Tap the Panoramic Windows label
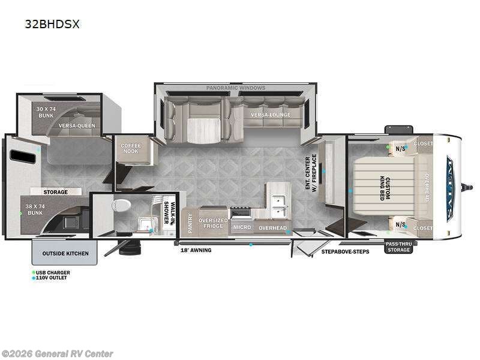pyautogui.click(x=236, y=88)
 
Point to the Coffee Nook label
pyautogui.click(x=130, y=148)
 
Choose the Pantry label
pyautogui.click(x=190, y=223)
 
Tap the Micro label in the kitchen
pyautogui.click(x=242, y=227)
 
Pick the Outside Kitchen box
pyautogui.click(x=65, y=253)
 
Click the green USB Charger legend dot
pyautogui.click(x=34, y=272)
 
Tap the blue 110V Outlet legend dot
pyautogui.click(x=34, y=278)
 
